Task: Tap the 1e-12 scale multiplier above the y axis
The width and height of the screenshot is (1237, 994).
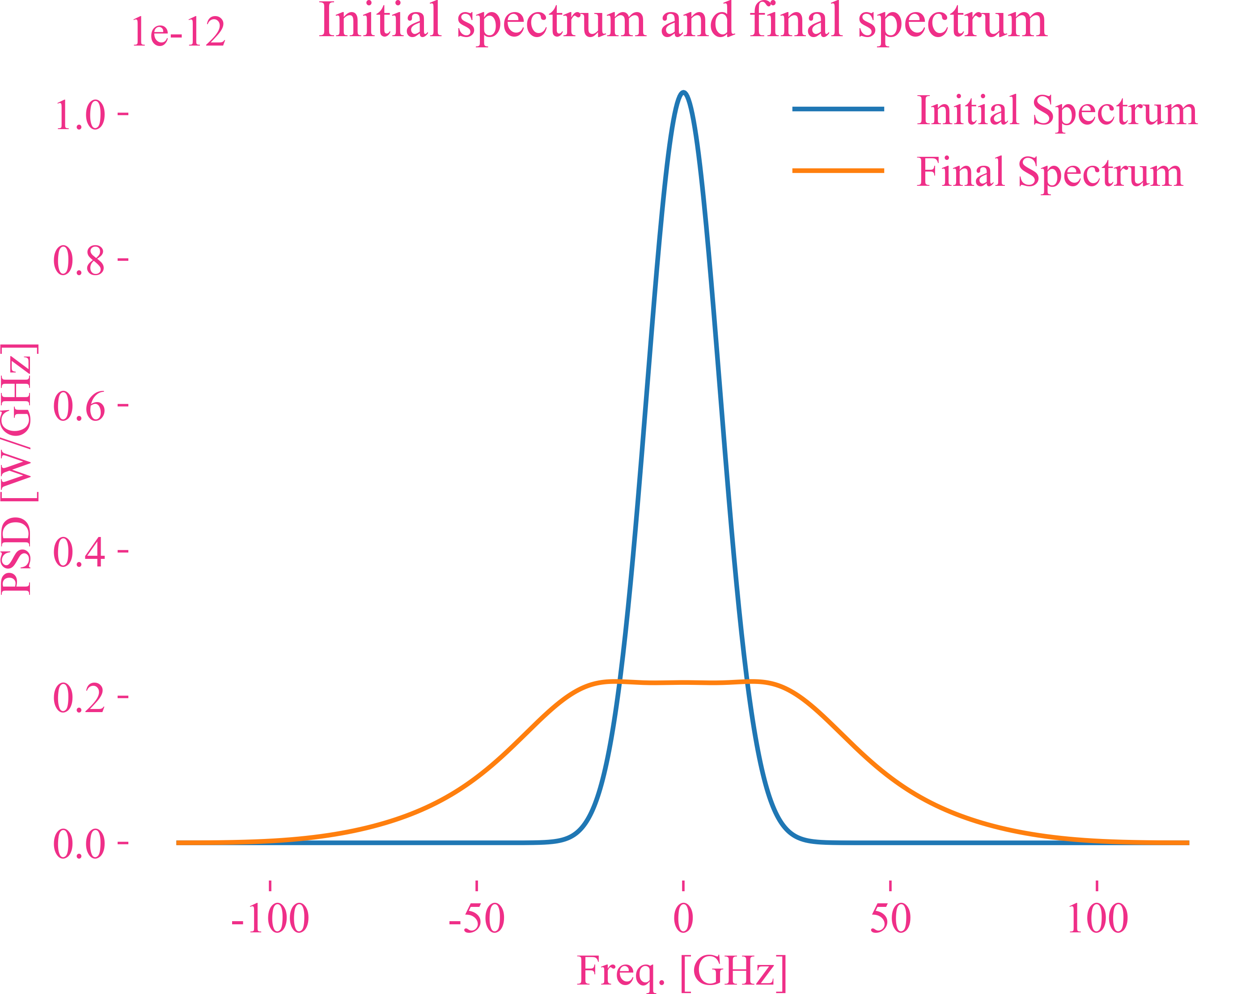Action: (178, 32)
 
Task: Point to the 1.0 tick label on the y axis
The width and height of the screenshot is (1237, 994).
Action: (80, 115)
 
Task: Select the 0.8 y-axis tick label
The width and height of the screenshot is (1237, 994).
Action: (80, 261)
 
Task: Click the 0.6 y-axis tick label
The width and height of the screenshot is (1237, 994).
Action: (80, 407)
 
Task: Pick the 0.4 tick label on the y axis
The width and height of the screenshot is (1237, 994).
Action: (80, 553)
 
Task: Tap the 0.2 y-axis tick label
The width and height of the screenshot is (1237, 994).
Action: (80, 698)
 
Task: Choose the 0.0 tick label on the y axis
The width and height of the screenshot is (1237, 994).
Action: (80, 844)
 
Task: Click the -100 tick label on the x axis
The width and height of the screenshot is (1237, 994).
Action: (270, 919)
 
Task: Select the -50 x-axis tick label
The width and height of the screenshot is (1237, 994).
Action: (476, 919)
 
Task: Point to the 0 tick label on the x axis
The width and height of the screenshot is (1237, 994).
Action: (683, 919)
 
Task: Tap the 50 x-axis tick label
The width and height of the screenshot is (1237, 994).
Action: (890, 919)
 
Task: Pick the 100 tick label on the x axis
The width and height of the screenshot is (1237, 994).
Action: (1097, 919)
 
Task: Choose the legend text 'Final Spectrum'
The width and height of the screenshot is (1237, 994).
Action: (1049, 172)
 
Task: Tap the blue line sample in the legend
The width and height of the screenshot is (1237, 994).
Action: (838, 109)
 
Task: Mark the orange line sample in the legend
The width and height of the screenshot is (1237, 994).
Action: (838, 170)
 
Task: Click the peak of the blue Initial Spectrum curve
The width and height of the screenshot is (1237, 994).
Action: (683, 93)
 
